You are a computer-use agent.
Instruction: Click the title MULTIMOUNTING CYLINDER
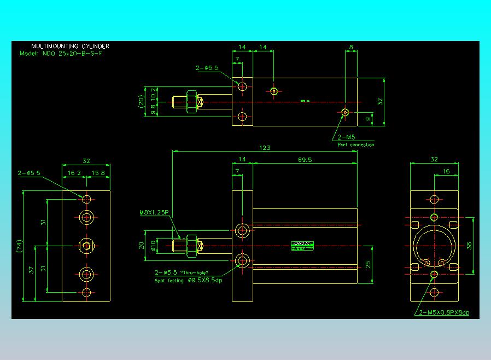click(x=70, y=47)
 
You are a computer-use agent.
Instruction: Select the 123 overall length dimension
click(x=265, y=148)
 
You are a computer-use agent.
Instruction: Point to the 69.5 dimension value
click(x=305, y=160)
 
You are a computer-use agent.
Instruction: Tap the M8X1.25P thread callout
click(x=154, y=212)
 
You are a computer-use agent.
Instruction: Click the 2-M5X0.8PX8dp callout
click(x=444, y=312)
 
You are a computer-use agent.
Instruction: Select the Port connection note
click(x=355, y=144)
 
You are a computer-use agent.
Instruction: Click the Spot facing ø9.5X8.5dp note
click(x=188, y=280)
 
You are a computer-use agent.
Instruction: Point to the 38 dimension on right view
click(x=469, y=245)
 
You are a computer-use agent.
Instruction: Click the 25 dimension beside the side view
click(x=368, y=264)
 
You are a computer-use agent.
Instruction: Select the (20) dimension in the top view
click(x=141, y=100)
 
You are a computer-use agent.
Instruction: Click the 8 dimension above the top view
click(x=350, y=48)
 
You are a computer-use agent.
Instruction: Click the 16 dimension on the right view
click(x=446, y=171)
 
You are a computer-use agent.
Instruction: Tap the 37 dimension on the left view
click(x=31, y=270)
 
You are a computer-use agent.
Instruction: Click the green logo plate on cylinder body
click(x=301, y=246)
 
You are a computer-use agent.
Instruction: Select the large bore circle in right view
click(x=434, y=246)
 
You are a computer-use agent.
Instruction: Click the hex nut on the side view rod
click(x=191, y=246)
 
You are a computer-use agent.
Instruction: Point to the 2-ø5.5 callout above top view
click(x=207, y=68)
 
